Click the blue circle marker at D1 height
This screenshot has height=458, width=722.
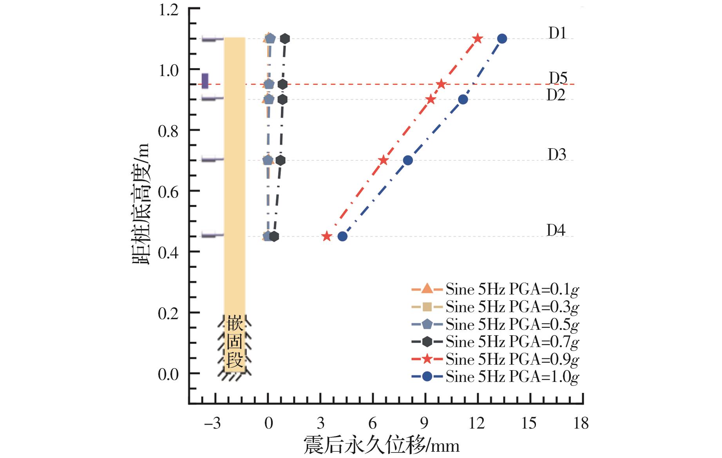point(502,39)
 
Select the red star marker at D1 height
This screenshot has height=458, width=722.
point(477,39)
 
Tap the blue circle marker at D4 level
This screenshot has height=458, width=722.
point(342,236)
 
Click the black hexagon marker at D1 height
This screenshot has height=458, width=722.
point(285,39)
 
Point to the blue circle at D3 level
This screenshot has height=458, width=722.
point(408,160)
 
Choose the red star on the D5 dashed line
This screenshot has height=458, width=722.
point(441,84)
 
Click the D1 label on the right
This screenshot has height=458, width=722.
point(557,33)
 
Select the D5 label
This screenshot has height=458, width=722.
point(558,78)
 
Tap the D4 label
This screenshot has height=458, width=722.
point(556,230)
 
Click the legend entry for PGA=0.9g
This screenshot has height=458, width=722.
point(512,359)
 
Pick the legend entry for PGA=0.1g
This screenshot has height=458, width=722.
point(512,290)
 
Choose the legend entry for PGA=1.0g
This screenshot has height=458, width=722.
point(512,377)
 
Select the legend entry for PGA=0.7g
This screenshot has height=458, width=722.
point(512,342)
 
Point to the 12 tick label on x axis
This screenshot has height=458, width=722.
point(477,423)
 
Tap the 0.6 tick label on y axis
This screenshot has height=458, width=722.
point(168,192)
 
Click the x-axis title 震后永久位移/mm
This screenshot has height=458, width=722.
point(381,446)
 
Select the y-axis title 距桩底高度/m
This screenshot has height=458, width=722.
point(141,204)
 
